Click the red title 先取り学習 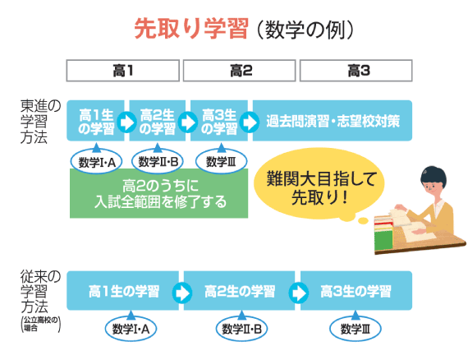click(x=191, y=29)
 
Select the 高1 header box click(x=122, y=71)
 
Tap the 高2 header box click(x=240, y=71)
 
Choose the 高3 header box click(x=356, y=71)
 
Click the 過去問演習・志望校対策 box click(x=333, y=121)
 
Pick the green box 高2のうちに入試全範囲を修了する click(x=158, y=193)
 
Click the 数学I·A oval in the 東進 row click(x=96, y=162)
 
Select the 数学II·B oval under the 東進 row click(x=158, y=161)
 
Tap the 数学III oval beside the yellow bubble click(x=221, y=161)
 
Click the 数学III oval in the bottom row click(x=356, y=329)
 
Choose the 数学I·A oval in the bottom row click(x=131, y=329)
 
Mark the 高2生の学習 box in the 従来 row click(x=240, y=291)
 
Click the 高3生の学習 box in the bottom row click(x=356, y=291)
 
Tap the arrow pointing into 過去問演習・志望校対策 click(x=250, y=122)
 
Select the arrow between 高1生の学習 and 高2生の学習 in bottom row click(x=181, y=293)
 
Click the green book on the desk click(x=383, y=239)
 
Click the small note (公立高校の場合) click(x=40, y=324)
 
